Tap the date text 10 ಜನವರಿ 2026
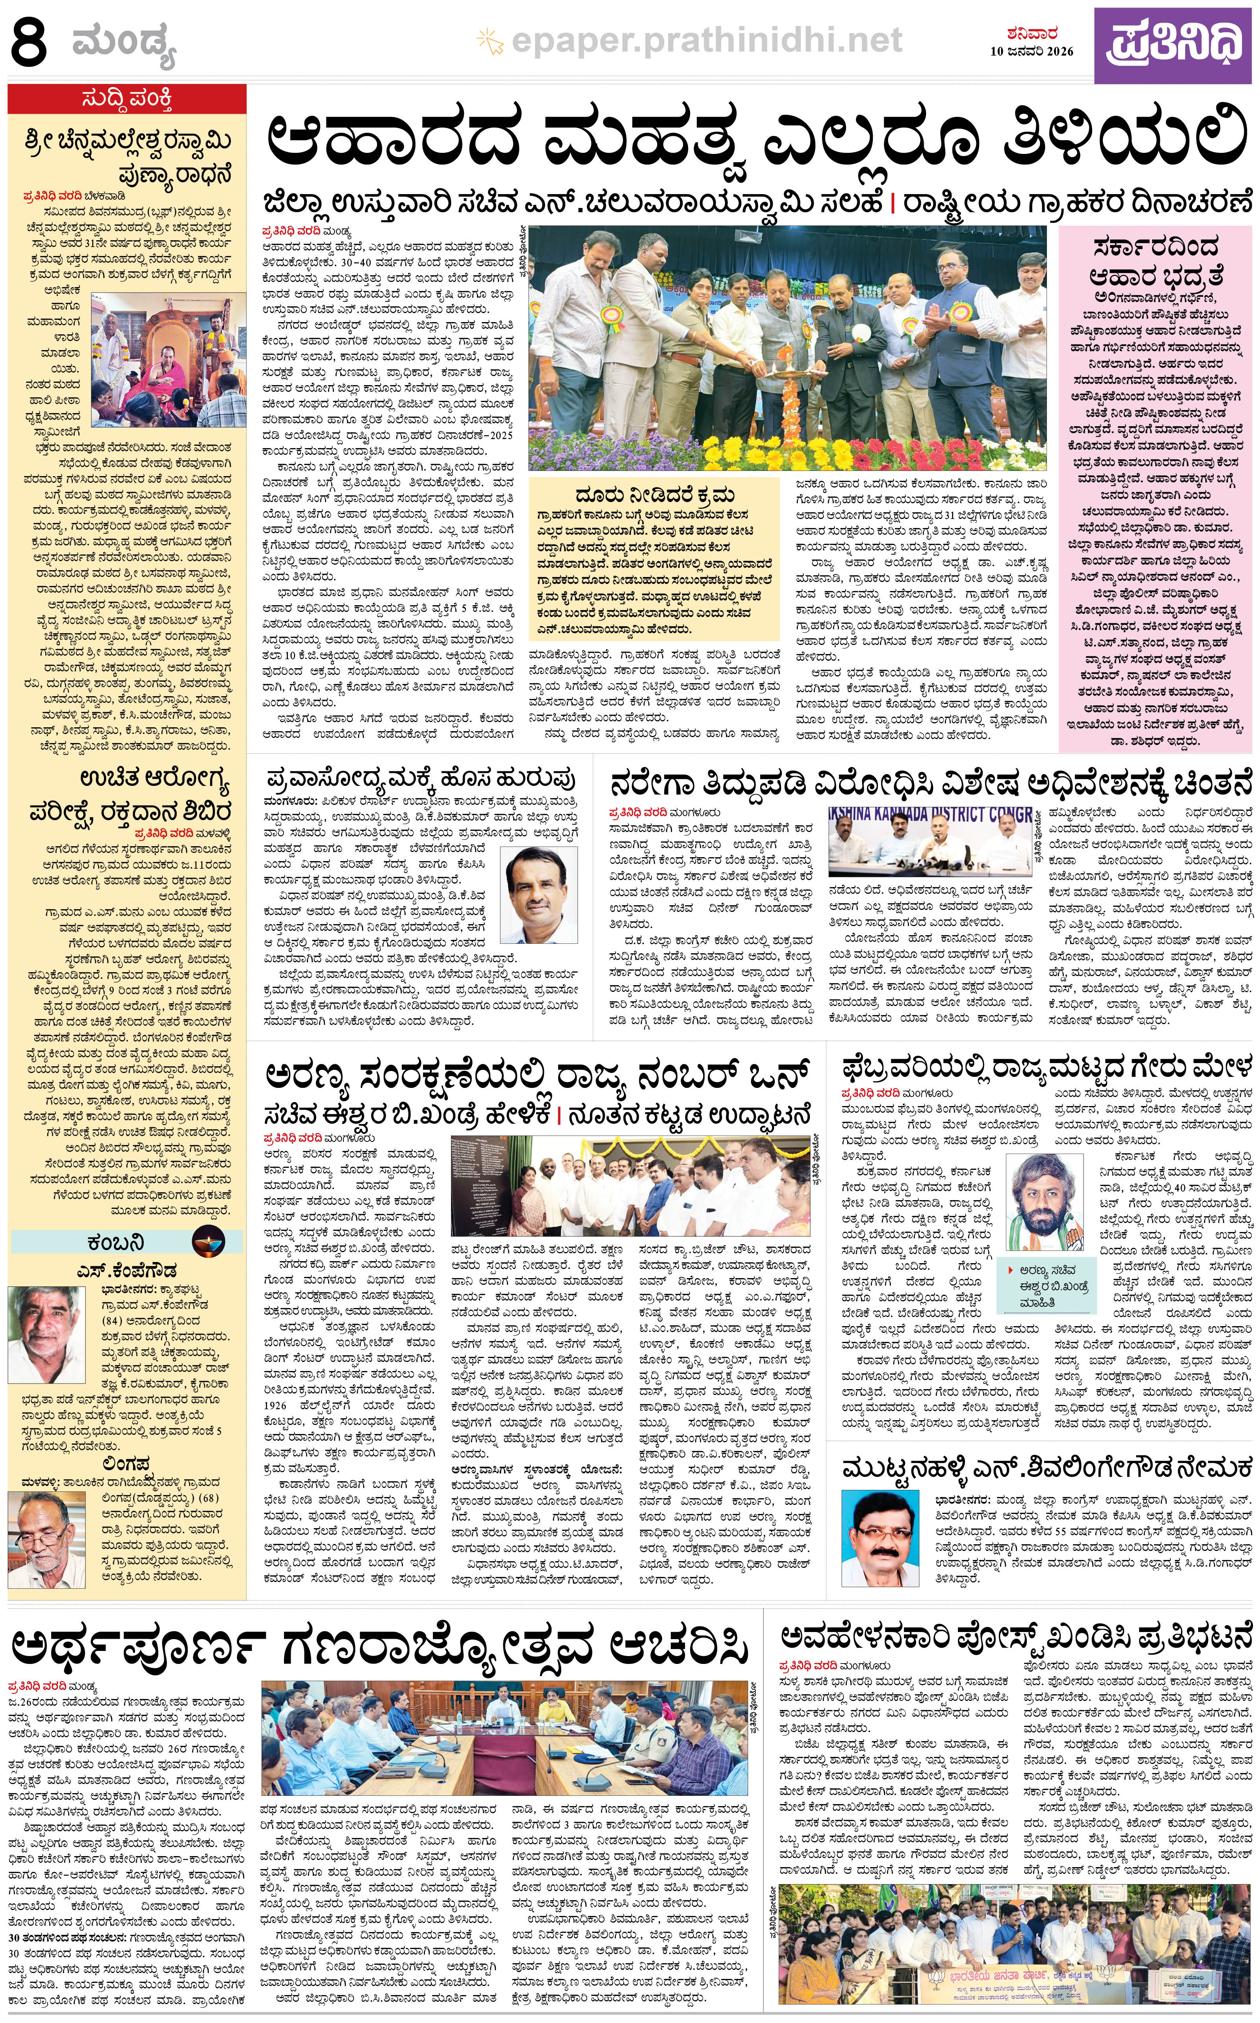(x=1032, y=51)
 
